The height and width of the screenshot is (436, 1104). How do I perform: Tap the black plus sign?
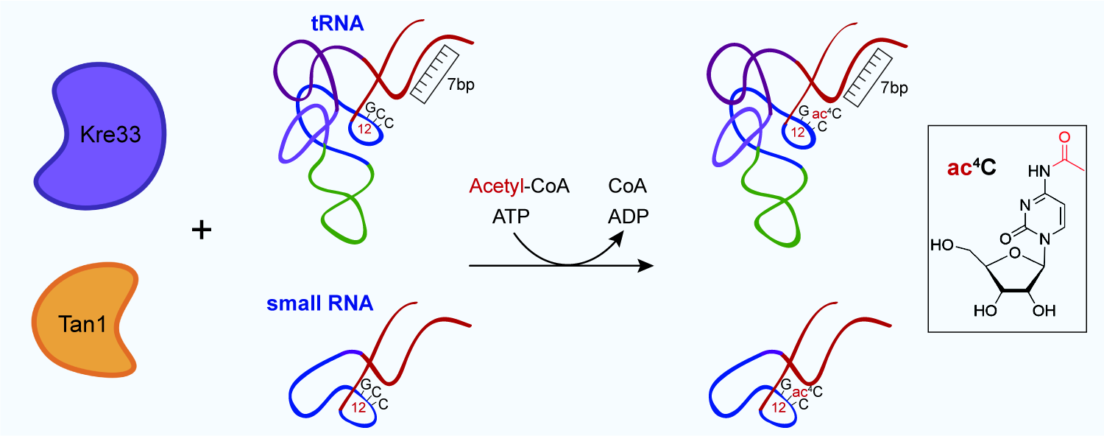[x=201, y=231]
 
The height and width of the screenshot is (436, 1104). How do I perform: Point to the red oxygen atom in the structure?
[x=1062, y=137]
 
